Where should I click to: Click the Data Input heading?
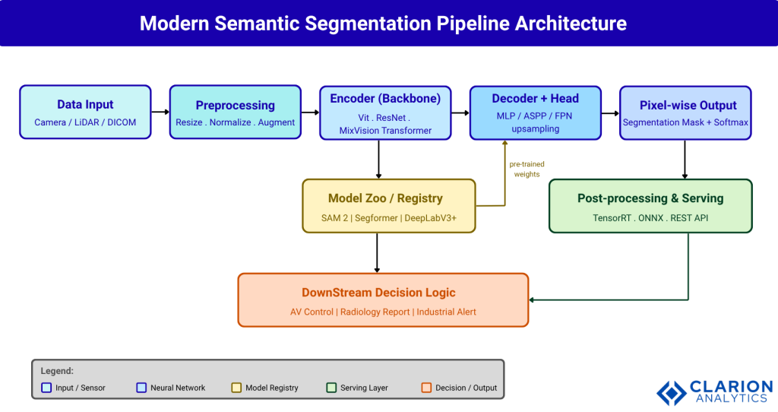[85, 105]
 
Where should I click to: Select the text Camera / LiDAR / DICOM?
[85, 122]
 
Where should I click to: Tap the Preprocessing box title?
[235, 106]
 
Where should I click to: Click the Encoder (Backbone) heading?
[384, 99]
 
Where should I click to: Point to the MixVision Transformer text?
[384, 131]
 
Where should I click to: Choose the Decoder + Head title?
[535, 99]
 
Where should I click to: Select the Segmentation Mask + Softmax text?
[685, 122]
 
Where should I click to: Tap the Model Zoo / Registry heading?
[384, 198]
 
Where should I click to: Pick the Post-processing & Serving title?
[650, 198]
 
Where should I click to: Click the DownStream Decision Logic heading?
[378, 293]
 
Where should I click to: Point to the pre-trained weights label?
[527, 169]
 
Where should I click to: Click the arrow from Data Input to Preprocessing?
[160, 113]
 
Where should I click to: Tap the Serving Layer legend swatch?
[331, 388]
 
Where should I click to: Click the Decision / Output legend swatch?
[426, 388]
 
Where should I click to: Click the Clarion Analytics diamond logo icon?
[671, 392]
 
